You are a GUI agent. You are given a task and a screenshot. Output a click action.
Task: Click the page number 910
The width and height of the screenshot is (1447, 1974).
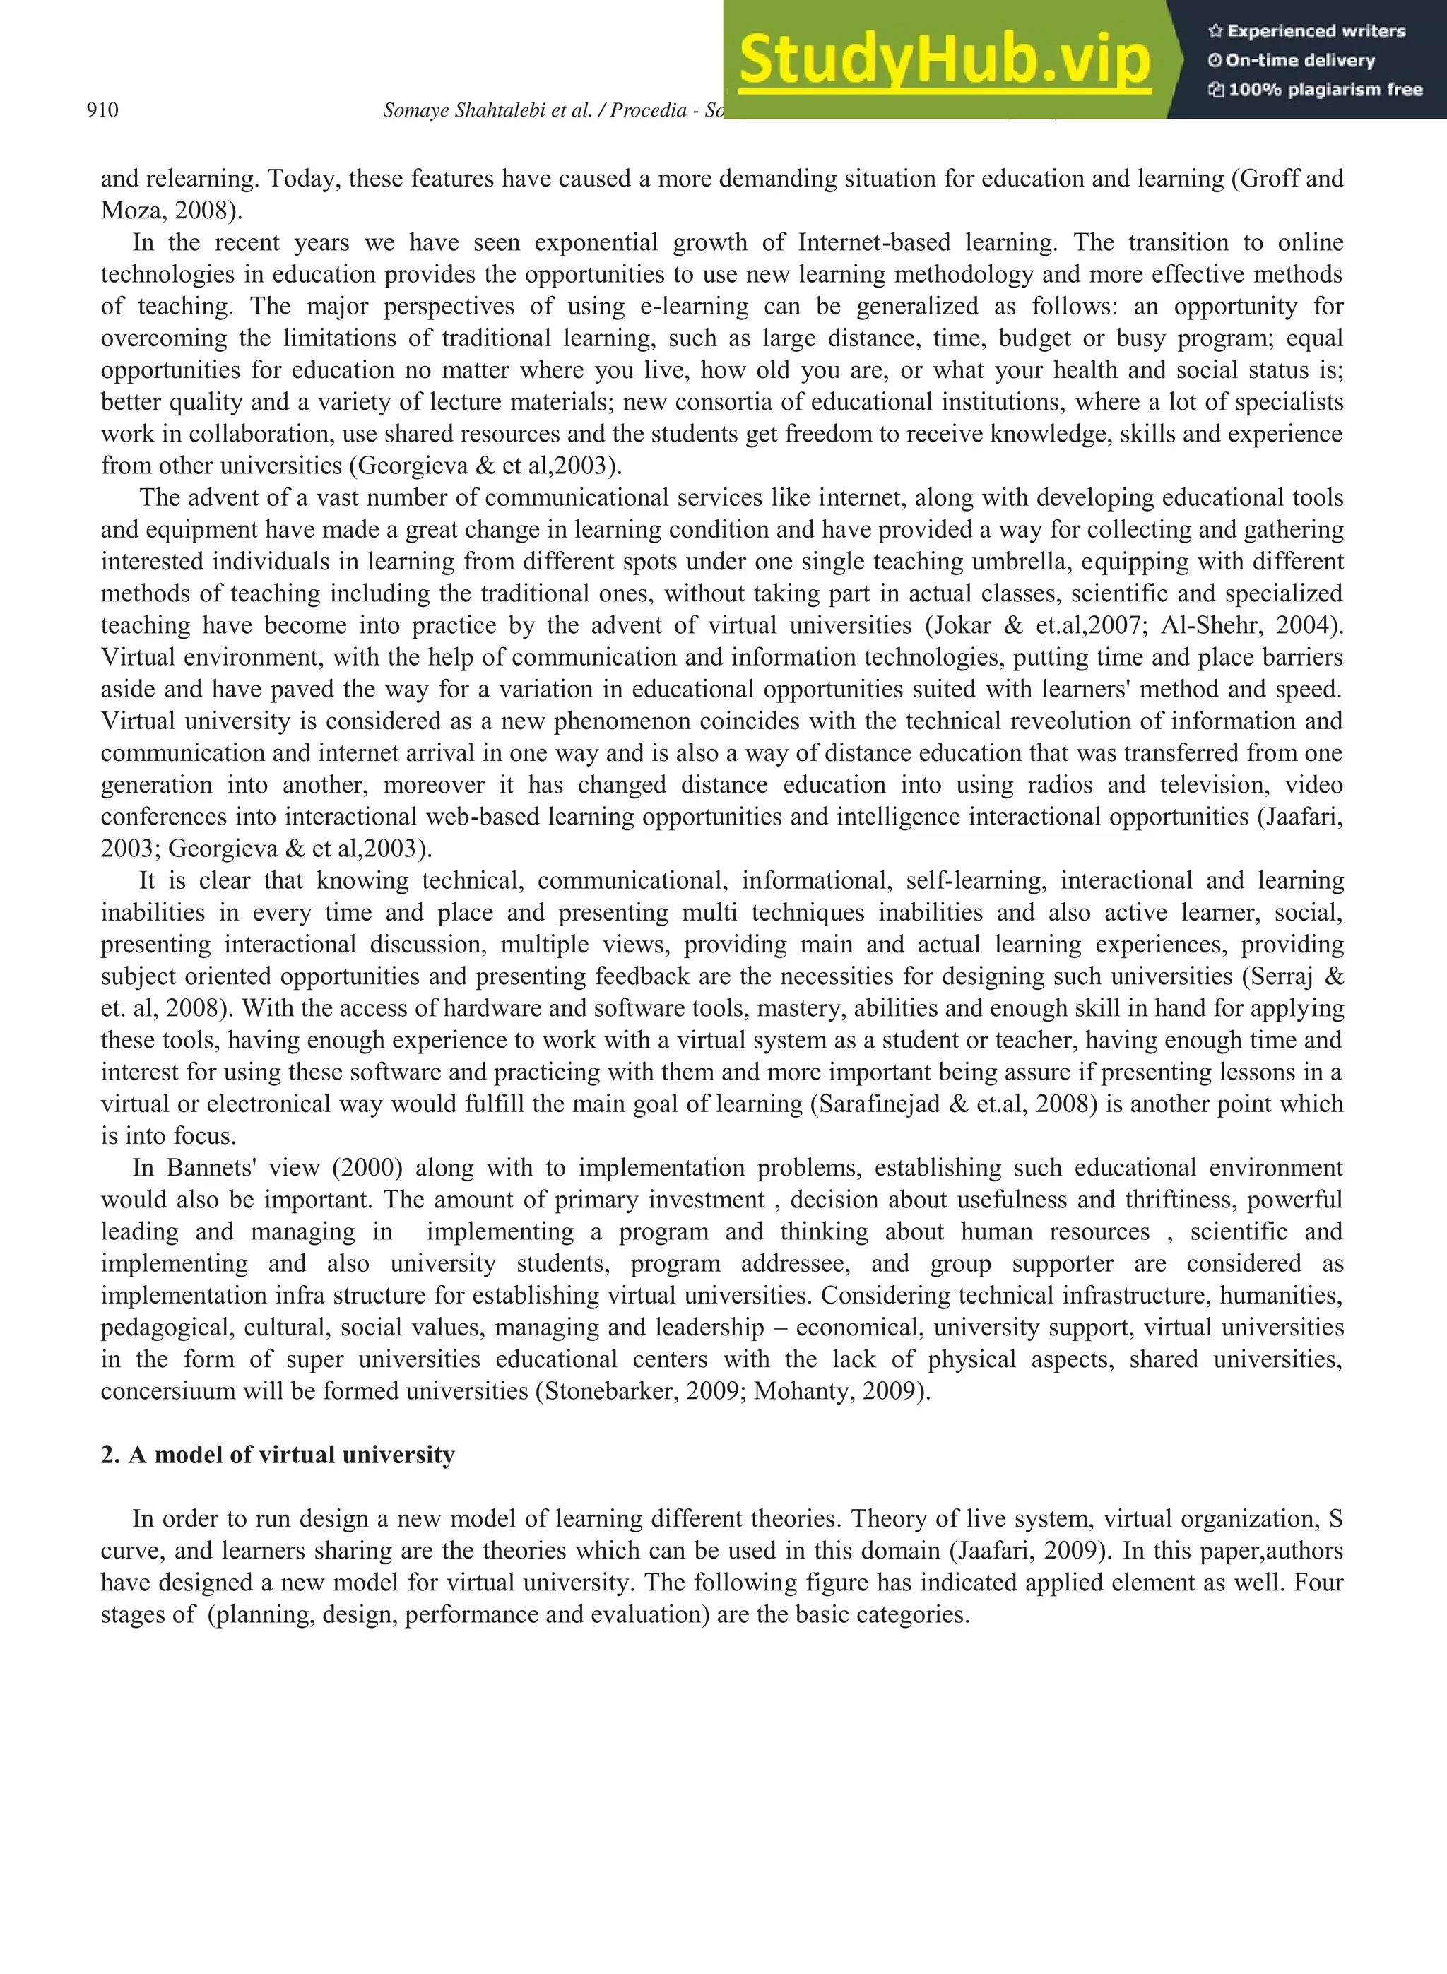pyautogui.click(x=102, y=110)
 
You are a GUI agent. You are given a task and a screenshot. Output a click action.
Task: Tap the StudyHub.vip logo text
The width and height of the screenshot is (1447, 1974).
pyautogui.click(x=943, y=59)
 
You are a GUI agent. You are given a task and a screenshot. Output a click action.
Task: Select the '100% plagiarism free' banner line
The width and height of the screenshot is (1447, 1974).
pyautogui.click(x=1315, y=89)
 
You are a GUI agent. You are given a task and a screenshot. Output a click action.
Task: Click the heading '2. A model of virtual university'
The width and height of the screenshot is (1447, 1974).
pyautogui.click(x=278, y=1455)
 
